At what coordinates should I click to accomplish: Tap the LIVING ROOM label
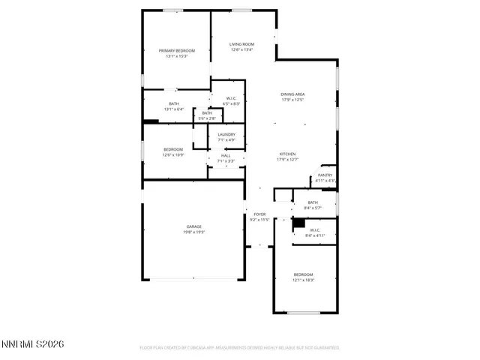click(241, 44)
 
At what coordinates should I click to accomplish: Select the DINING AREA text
click(292, 94)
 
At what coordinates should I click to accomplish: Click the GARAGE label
click(194, 226)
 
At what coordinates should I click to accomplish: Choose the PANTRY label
click(325, 175)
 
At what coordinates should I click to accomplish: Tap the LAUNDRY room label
click(226, 134)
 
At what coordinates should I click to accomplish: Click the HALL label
click(226, 155)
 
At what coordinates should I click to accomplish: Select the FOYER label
click(259, 214)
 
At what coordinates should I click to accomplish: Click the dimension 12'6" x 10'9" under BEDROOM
click(173, 155)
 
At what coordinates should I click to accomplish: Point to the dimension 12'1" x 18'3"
click(303, 280)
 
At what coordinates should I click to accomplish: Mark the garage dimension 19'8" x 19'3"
click(194, 232)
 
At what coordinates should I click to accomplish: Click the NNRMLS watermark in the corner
click(33, 344)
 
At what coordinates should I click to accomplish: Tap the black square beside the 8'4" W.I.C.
click(298, 223)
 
